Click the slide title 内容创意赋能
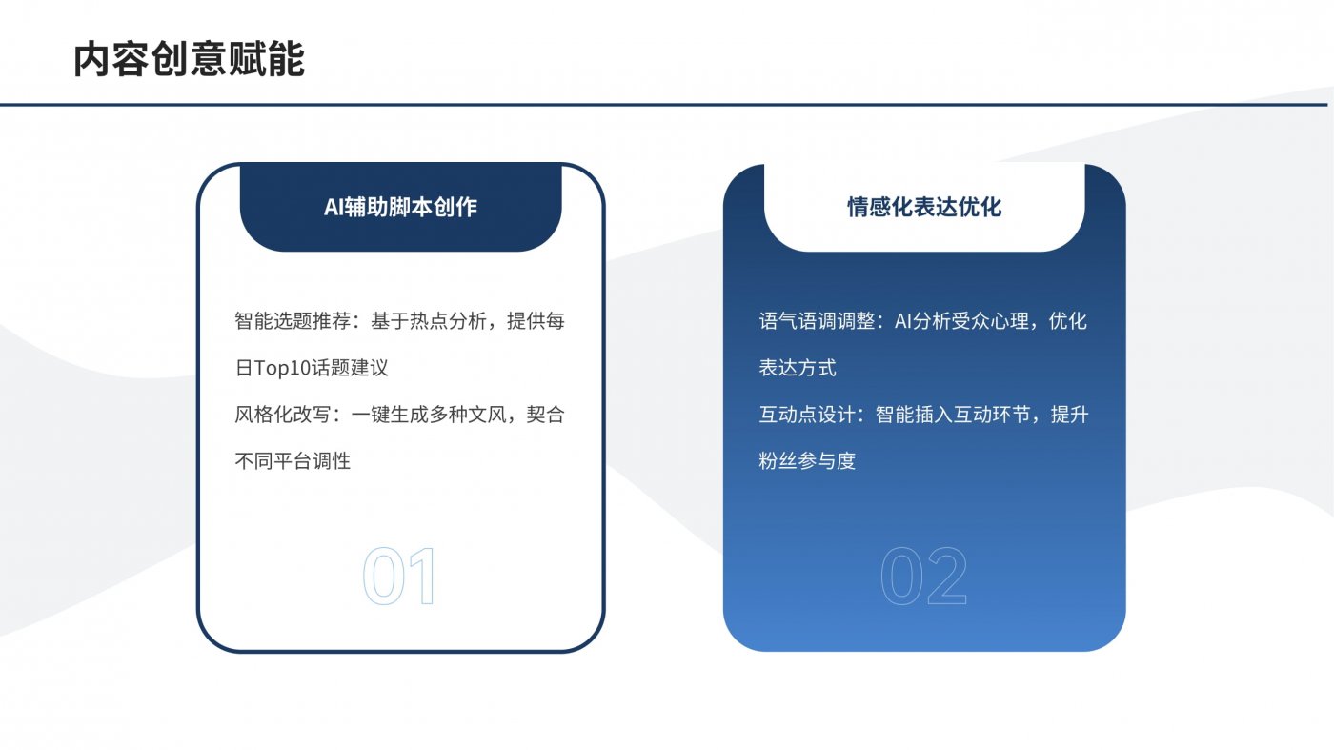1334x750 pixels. coord(189,59)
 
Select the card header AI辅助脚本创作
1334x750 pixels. coord(400,207)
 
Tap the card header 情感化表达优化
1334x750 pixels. coord(924,207)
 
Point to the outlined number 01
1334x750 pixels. coord(399,578)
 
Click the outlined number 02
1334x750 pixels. coord(923,578)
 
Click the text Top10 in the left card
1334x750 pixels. coord(287,368)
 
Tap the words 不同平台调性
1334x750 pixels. coord(293,461)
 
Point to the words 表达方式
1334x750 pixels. coord(798,368)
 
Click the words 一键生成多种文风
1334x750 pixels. coord(428,415)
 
